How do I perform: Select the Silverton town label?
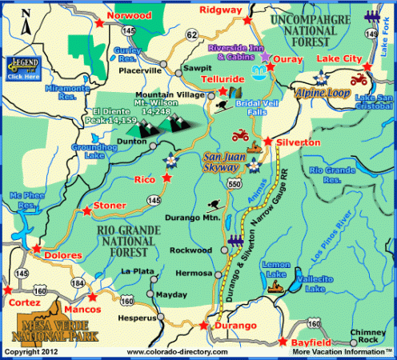(298, 142)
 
